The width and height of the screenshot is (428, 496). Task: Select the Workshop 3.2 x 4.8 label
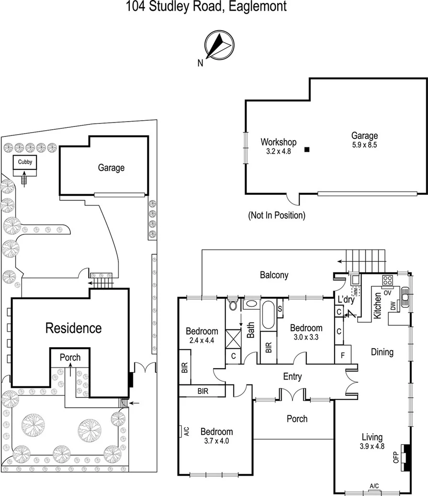pyautogui.click(x=278, y=146)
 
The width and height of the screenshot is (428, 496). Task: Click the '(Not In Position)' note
pyautogui.click(x=276, y=215)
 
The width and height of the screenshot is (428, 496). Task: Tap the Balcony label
pyautogui.click(x=274, y=275)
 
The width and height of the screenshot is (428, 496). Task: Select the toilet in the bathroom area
pyautogui.click(x=233, y=304)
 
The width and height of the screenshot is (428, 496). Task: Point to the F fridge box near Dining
pyautogui.click(x=343, y=355)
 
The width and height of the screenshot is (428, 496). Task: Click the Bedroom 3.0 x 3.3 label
pyautogui.click(x=306, y=332)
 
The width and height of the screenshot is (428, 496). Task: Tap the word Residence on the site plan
pyautogui.click(x=73, y=328)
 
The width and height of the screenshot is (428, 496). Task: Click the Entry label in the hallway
pyautogui.click(x=292, y=377)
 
